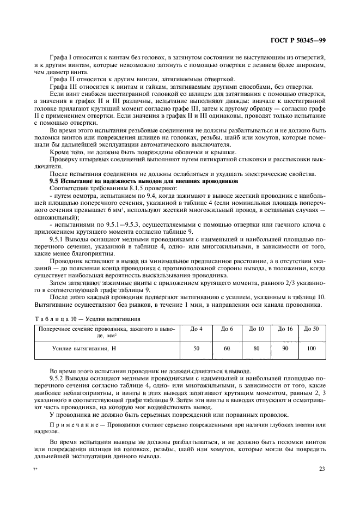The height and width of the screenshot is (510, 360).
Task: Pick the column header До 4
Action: click(x=197, y=329)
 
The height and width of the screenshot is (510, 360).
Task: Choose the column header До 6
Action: click(x=227, y=329)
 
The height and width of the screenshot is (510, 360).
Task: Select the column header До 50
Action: click(x=312, y=329)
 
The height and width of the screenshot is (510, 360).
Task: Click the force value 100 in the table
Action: click(x=312, y=347)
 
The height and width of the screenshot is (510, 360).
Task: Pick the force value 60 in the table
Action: click(x=227, y=347)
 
